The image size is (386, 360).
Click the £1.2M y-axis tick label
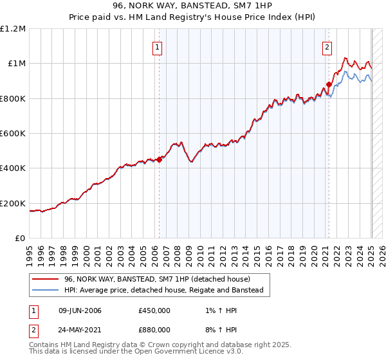coord(14,28)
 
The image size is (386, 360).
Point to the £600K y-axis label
coord(13,134)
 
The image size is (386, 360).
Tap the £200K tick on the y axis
coord(13,203)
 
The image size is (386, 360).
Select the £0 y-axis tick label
coord(21,239)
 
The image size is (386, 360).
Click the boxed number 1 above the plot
coord(157,46)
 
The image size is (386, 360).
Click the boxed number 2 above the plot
coord(327,46)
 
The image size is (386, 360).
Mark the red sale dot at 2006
coord(159,160)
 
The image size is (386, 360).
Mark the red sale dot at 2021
coord(329,84)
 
